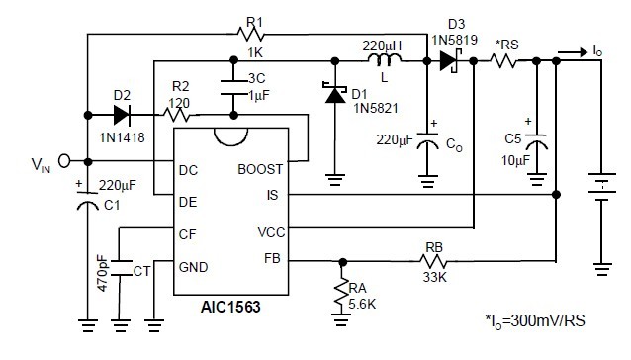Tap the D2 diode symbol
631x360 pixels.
click(x=120, y=111)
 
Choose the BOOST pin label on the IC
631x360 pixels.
click(x=261, y=169)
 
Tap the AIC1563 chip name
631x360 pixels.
click(x=228, y=307)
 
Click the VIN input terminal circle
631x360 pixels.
click(x=65, y=161)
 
